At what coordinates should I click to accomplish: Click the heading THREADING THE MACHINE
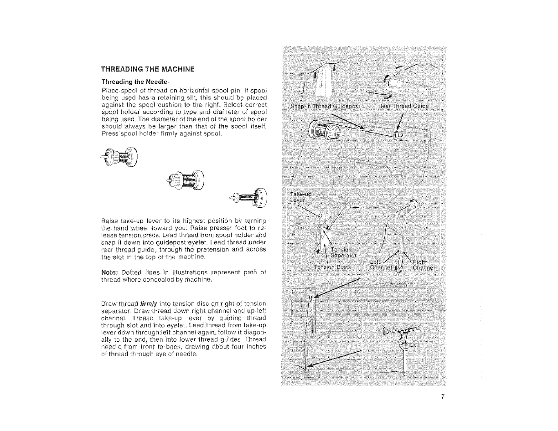[148, 69]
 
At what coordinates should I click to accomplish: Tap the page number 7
[442, 396]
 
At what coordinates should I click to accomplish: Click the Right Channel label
[424, 264]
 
